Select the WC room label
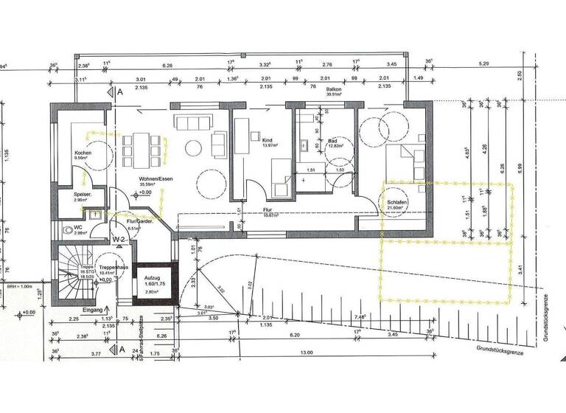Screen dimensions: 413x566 pyautogui.click(x=77, y=228)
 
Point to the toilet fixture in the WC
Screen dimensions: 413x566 pyautogui.click(x=67, y=229)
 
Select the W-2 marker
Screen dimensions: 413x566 pyautogui.click(x=117, y=240)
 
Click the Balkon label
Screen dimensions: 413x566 pyautogui.click(x=336, y=88)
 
